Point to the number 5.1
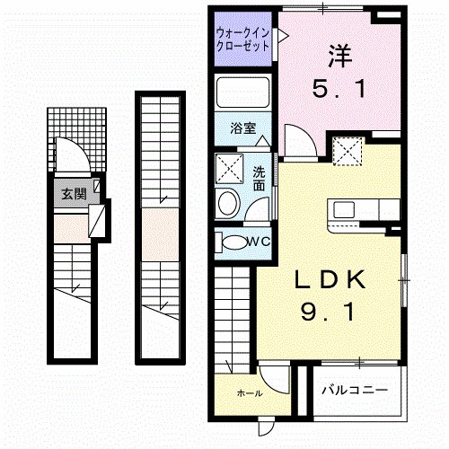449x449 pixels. tap(339, 90)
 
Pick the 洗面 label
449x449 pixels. tap(259, 178)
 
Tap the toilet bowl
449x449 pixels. tap(235, 242)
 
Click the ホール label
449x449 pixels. tap(250, 393)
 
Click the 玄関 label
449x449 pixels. tap(74, 193)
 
